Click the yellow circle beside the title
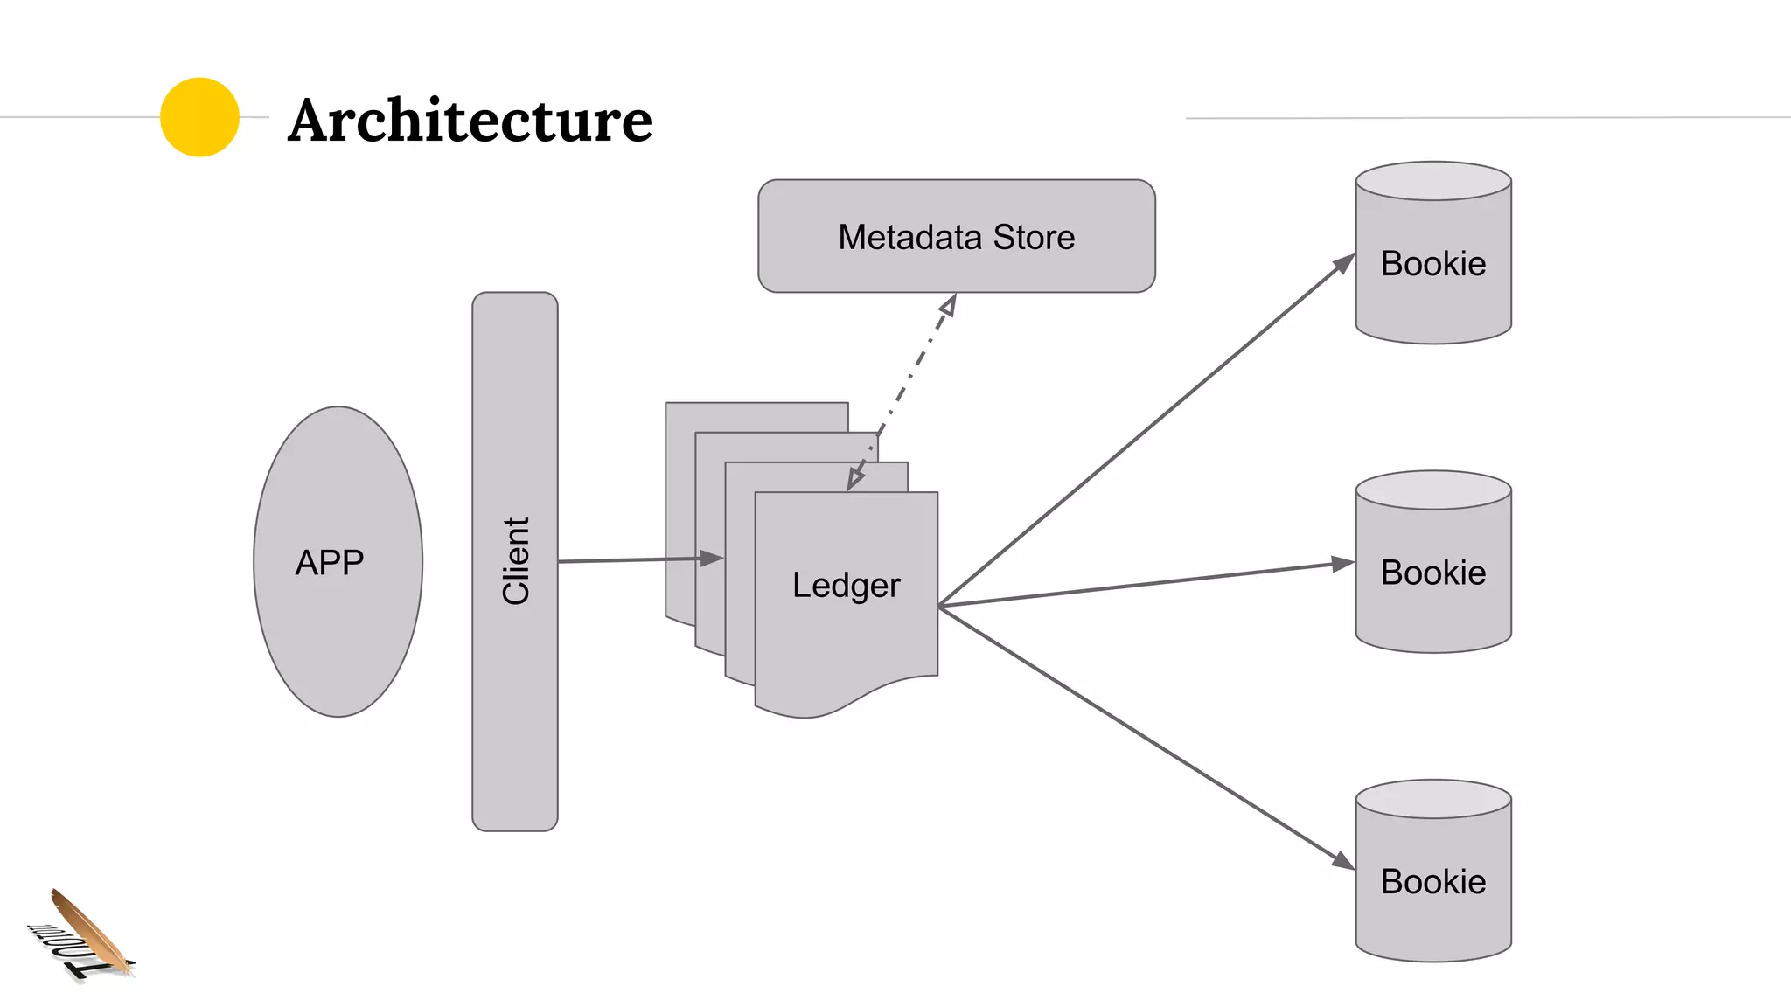click(x=199, y=117)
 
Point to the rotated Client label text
click(x=516, y=560)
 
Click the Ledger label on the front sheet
click(x=846, y=585)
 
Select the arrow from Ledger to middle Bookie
click(x=1146, y=584)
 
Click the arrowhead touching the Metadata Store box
click(x=949, y=305)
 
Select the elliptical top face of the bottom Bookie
click(x=1432, y=799)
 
